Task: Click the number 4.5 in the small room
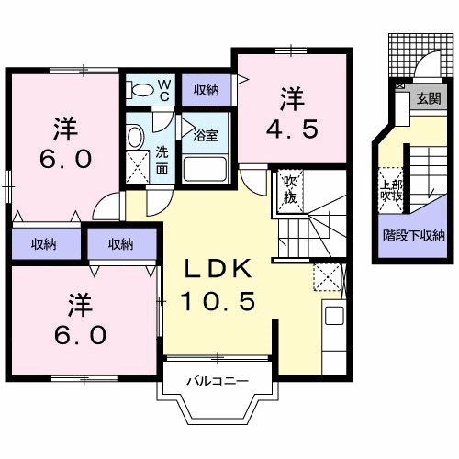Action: click(x=293, y=128)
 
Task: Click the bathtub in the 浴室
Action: click(x=207, y=167)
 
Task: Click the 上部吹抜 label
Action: click(x=390, y=188)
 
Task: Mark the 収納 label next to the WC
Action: click(x=206, y=89)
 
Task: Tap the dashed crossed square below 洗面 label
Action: click(x=139, y=166)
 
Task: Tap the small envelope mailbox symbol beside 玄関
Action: click(x=400, y=86)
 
